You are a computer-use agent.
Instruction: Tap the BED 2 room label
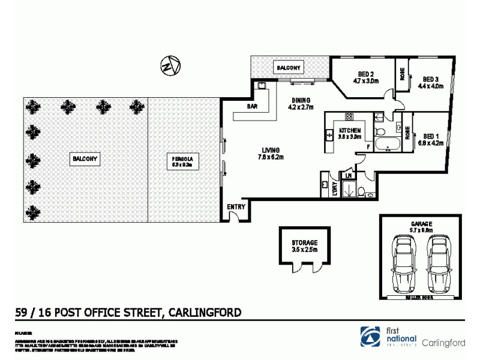365,77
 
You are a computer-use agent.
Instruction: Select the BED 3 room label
431,82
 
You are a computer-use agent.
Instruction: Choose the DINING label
301,104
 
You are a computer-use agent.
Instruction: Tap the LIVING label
272,154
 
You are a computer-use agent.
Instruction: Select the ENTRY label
236,207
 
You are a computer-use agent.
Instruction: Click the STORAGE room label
304,245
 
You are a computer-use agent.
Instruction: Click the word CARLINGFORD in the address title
205,312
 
